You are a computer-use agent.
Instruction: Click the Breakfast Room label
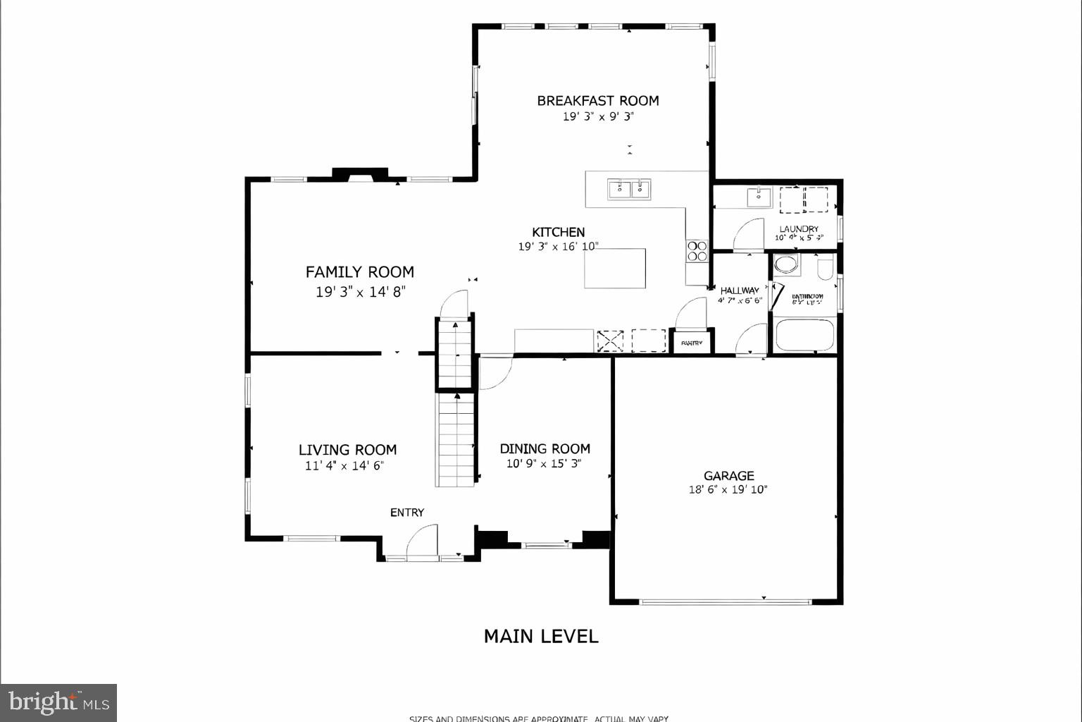click(597, 101)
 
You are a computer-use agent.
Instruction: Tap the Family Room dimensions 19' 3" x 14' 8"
click(361, 292)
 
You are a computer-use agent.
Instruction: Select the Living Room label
click(347, 450)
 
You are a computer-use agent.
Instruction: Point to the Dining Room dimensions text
click(544, 464)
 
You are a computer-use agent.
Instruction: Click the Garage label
click(728, 476)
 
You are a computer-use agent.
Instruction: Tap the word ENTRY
click(407, 513)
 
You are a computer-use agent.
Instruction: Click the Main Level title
click(541, 636)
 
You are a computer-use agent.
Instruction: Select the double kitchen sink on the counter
click(629, 189)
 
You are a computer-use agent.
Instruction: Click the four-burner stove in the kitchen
click(697, 251)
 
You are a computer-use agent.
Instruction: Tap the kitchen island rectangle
click(615, 268)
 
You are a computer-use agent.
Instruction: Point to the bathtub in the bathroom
click(804, 336)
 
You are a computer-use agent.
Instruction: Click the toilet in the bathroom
click(826, 267)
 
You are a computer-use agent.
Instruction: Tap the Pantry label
click(692, 343)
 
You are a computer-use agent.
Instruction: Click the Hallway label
click(740, 290)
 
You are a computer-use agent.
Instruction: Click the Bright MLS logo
click(58, 702)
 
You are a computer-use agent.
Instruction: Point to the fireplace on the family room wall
click(360, 174)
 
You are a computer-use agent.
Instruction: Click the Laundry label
click(799, 229)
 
